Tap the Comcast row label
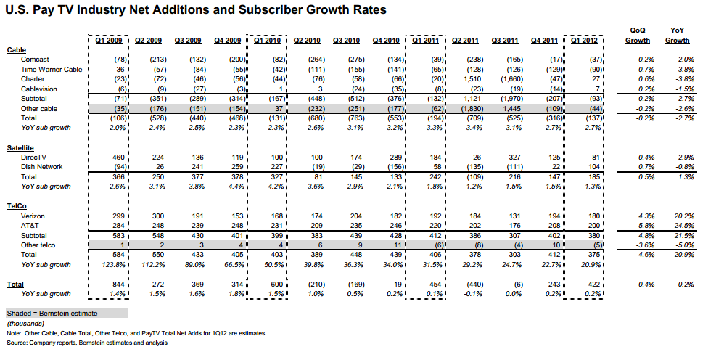coord(35,60)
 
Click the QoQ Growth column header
coord(638,36)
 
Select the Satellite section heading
coord(20,148)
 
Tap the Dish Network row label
coord(41,167)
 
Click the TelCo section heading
coord(17,207)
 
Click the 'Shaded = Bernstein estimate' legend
coord(52,314)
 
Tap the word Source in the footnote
coord(17,343)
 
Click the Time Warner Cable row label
coord(52,70)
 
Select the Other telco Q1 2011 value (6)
coord(440,245)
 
